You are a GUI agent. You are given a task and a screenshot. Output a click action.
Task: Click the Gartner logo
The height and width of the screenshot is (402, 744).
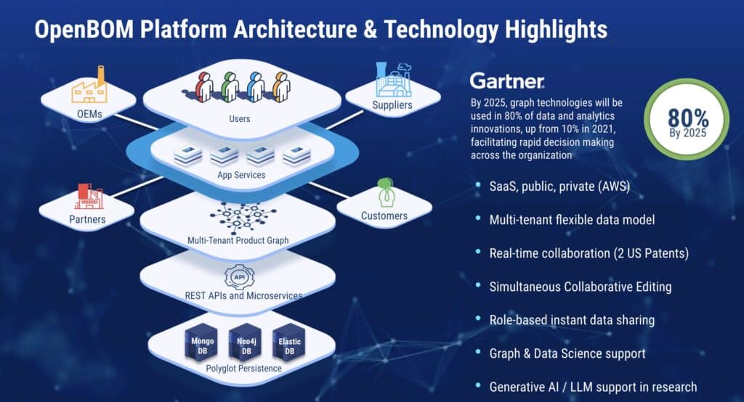(x=507, y=81)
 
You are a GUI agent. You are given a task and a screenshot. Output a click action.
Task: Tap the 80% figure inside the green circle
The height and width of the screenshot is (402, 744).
(x=688, y=118)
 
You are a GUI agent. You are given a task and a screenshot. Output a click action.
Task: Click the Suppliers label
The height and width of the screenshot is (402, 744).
(x=392, y=104)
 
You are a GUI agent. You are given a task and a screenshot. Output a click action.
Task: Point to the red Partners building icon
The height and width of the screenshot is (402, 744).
(x=88, y=196)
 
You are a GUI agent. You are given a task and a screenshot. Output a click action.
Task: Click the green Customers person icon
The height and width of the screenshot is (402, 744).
(x=386, y=192)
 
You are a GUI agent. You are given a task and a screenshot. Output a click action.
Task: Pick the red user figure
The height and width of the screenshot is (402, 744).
(x=204, y=87)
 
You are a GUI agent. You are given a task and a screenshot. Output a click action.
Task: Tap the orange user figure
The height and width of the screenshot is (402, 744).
(x=281, y=87)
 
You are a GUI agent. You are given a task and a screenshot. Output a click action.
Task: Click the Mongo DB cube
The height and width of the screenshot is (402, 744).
(x=202, y=342)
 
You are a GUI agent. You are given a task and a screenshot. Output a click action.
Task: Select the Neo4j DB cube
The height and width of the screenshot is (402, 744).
(x=246, y=342)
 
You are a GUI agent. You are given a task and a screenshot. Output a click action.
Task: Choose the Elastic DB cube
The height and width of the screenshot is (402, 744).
(x=289, y=342)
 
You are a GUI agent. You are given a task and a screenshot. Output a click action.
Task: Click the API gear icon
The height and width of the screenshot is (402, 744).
(x=239, y=277)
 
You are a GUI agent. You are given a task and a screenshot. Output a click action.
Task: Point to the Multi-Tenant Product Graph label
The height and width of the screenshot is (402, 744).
(x=238, y=240)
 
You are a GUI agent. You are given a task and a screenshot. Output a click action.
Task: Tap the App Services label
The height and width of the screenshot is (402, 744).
(x=241, y=175)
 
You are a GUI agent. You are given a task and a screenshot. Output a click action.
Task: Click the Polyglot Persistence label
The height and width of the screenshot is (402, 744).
(x=243, y=369)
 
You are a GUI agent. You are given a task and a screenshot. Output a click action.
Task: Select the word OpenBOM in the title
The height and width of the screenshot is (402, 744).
(x=84, y=30)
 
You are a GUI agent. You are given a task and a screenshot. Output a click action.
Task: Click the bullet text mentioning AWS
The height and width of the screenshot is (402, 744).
(x=559, y=186)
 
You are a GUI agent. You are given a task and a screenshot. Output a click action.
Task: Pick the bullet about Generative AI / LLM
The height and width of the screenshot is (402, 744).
(x=593, y=387)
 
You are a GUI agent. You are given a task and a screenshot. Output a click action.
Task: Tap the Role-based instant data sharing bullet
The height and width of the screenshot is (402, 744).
(x=572, y=320)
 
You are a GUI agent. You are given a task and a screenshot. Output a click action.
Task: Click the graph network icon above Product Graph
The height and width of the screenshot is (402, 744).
(x=243, y=217)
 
